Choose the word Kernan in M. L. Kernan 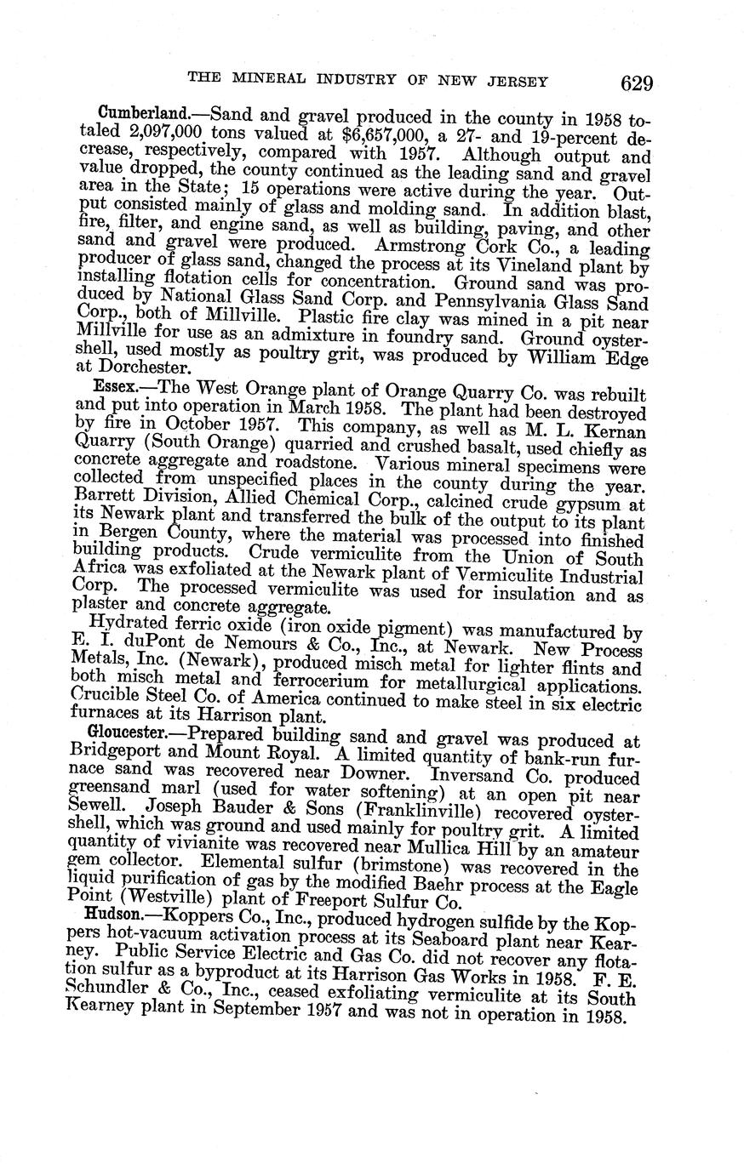612,431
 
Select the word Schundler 105,1000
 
